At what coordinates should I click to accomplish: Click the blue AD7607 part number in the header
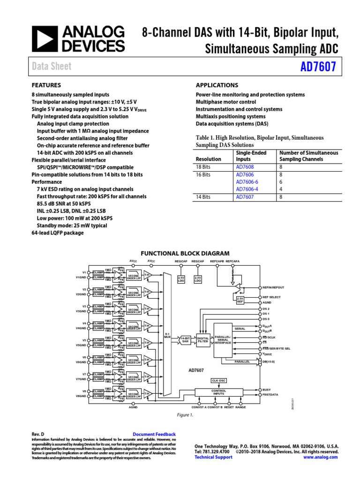(318, 67)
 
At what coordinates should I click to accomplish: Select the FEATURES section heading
(46, 85)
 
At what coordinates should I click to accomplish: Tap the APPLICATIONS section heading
(217, 85)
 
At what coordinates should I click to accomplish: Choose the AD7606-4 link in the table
(247, 189)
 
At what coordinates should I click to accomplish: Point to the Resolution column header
(208, 159)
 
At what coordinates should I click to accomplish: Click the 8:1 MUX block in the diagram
(167, 336)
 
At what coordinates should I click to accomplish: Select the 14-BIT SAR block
(185, 339)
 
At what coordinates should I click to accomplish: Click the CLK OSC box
(219, 381)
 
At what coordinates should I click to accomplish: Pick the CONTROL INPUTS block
(219, 392)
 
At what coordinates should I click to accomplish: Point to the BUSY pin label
(267, 390)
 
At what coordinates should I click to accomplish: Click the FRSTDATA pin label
(270, 395)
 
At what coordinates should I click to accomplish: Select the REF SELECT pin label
(271, 297)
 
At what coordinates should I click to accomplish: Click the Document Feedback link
(154, 435)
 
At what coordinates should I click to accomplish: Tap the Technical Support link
(213, 457)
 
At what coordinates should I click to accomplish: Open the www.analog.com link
(321, 457)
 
